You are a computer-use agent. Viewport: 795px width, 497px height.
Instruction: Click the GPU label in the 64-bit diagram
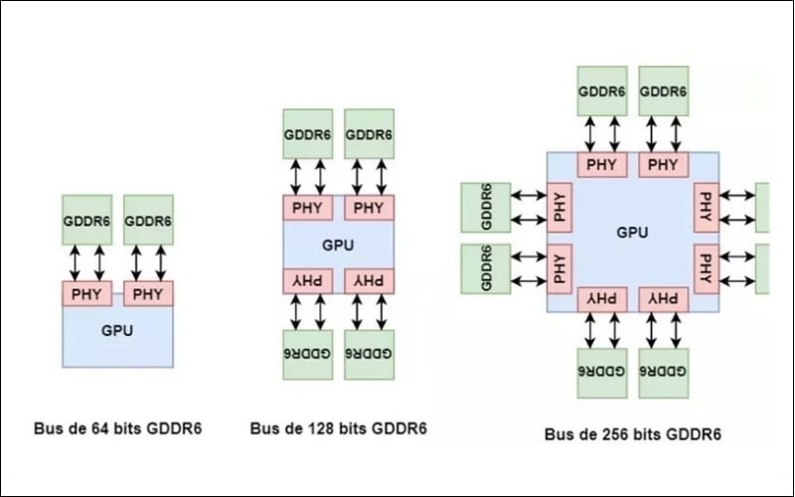(x=117, y=330)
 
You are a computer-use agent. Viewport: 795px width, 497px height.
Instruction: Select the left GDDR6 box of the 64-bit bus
(x=86, y=220)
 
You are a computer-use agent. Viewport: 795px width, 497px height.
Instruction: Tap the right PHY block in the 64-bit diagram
(x=148, y=294)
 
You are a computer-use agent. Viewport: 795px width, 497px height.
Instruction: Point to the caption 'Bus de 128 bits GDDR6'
(x=338, y=428)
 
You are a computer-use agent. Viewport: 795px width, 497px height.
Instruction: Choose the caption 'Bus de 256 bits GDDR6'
(x=632, y=434)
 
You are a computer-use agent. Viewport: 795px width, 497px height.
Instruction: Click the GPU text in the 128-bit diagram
(x=338, y=244)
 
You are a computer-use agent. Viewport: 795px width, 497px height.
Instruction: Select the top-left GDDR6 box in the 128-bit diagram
(x=307, y=134)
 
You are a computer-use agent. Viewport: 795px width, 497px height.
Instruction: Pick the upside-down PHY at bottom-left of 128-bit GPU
(x=307, y=280)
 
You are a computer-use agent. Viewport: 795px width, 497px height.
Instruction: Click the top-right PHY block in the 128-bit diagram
(x=369, y=208)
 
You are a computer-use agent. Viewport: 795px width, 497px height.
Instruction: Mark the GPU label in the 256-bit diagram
(x=632, y=232)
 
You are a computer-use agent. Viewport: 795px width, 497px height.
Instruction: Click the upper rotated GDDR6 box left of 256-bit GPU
(x=486, y=207)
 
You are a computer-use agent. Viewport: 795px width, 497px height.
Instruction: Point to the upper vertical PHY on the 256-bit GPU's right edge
(x=706, y=207)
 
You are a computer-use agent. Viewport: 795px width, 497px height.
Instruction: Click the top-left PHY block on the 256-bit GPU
(x=601, y=164)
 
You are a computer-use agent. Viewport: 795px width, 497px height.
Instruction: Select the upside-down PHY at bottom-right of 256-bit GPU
(x=663, y=298)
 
